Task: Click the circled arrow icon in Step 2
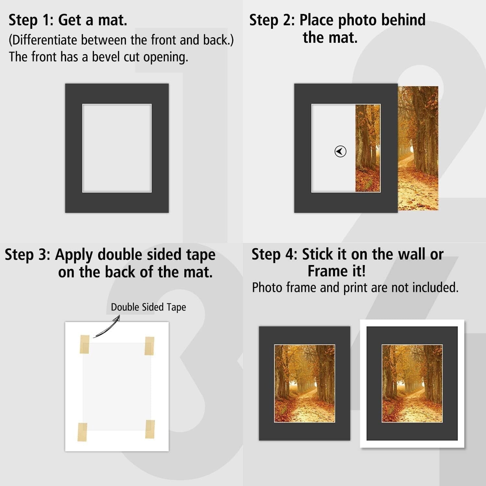(x=340, y=151)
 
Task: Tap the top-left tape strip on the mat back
(x=85, y=344)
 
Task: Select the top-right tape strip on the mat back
(x=149, y=346)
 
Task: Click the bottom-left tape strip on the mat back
(x=82, y=432)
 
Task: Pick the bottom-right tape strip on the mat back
(x=150, y=429)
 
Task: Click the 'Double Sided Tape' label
(x=148, y=307)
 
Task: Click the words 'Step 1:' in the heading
(x=31, y=20)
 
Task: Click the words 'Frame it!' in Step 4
(x=337, y=271)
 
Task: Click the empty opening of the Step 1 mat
(x=117, y=148)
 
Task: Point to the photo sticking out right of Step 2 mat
(x=418, y=148)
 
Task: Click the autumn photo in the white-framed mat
(x=412, y=383)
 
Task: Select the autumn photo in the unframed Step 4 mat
(x=305, y=383)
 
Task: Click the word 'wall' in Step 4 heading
(x=412, y=254)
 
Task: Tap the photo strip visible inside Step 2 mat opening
(x=368, y=148)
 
